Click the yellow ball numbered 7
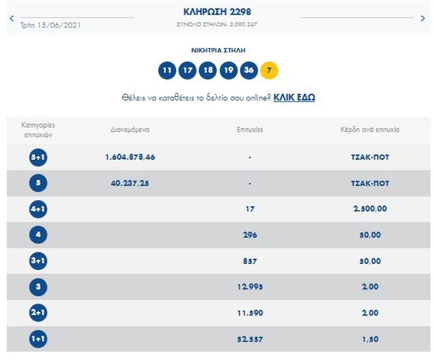269,70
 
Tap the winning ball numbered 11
167,70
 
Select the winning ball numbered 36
249,70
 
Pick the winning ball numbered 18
208,70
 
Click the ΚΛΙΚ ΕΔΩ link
294,97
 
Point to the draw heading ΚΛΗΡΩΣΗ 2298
217,12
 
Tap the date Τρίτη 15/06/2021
50,25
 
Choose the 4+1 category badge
38,209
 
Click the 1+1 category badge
38,339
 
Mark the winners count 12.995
250,287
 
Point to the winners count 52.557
250,339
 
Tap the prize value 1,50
370,339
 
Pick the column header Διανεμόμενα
130,130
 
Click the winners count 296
250,235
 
